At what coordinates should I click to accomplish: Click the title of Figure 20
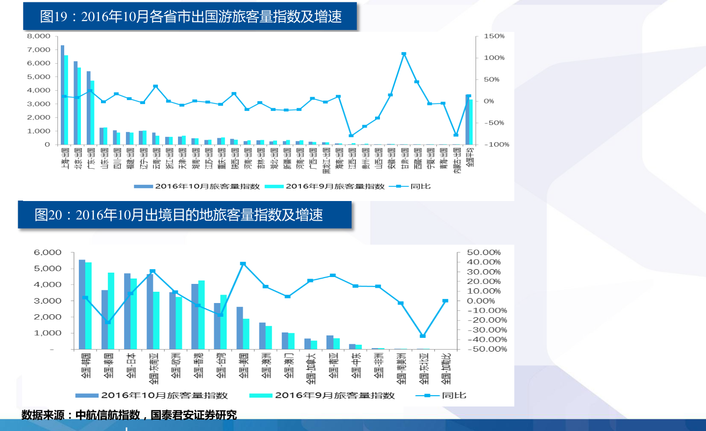178,215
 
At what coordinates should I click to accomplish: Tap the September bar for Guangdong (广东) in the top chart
92,113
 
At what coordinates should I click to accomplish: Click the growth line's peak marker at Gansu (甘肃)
403,54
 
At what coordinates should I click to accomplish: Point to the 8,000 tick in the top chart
39,36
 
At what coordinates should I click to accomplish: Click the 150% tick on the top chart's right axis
494,36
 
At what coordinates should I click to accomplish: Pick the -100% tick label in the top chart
497,145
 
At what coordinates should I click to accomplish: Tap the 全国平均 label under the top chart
470,157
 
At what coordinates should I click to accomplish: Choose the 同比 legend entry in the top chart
420,186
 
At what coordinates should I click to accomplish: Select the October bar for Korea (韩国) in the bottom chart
82,304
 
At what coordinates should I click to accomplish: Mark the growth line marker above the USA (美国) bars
243,264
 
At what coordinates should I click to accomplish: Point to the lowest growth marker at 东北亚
423,336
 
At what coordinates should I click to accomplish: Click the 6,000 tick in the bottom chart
48,253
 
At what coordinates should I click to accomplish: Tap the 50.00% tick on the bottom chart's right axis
483,253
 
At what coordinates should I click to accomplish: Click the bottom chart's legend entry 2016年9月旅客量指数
335,396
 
